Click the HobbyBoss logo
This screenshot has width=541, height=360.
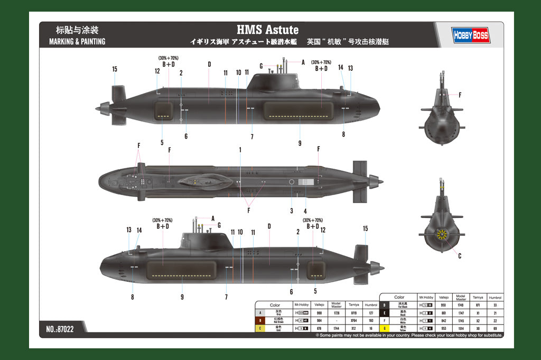tap(471, 35)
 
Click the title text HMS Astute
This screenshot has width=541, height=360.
tap(267, 30)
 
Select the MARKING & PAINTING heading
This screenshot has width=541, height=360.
tap(77, 41)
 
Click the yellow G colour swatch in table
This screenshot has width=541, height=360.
tap(384, 328)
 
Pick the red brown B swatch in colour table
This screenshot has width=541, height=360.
tap(259, 320)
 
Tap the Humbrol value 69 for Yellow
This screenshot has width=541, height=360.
tap(495, 328)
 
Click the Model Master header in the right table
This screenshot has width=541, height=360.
tap(461, 298)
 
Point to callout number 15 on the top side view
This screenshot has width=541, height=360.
tap(115, 69)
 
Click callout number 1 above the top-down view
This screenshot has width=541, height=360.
tap(240, 150)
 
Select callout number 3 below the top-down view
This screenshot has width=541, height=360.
tap(291, 211)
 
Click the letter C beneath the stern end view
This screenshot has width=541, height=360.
tap(460, 256)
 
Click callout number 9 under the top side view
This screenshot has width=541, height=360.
tap(300, 143)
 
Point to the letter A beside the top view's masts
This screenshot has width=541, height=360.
tap(303, 62)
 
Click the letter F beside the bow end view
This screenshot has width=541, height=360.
tap(460, 95)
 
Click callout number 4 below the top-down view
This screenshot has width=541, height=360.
tap(305, 211)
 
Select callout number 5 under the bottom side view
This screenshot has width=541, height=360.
tap(315, 291)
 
